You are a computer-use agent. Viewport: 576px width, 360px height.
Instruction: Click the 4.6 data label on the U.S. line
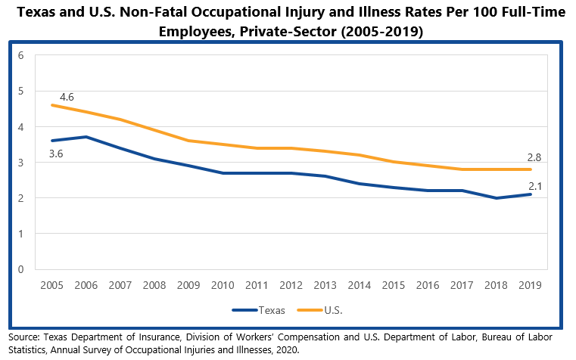66,97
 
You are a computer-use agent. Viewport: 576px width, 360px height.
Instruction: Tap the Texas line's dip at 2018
496,198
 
